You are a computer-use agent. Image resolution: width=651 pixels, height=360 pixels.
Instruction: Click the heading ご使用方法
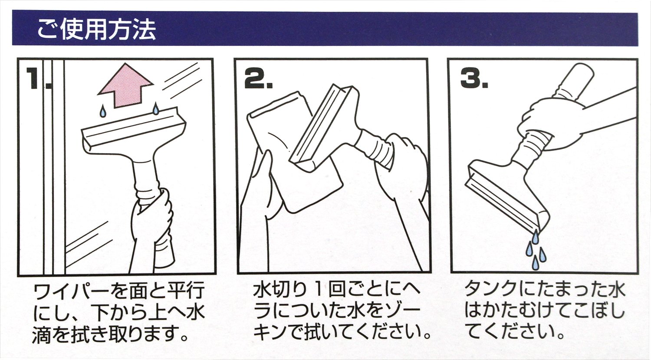96,29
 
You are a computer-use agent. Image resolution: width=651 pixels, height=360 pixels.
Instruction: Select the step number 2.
258,79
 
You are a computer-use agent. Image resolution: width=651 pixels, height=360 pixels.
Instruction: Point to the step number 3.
474,78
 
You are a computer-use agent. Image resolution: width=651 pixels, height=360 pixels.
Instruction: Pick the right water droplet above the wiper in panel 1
156,108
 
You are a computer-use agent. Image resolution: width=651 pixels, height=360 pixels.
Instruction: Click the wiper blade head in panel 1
134,131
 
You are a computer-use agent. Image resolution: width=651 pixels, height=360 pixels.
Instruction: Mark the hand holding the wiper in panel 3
549,122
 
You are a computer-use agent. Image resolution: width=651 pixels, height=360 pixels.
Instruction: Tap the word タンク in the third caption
493,290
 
